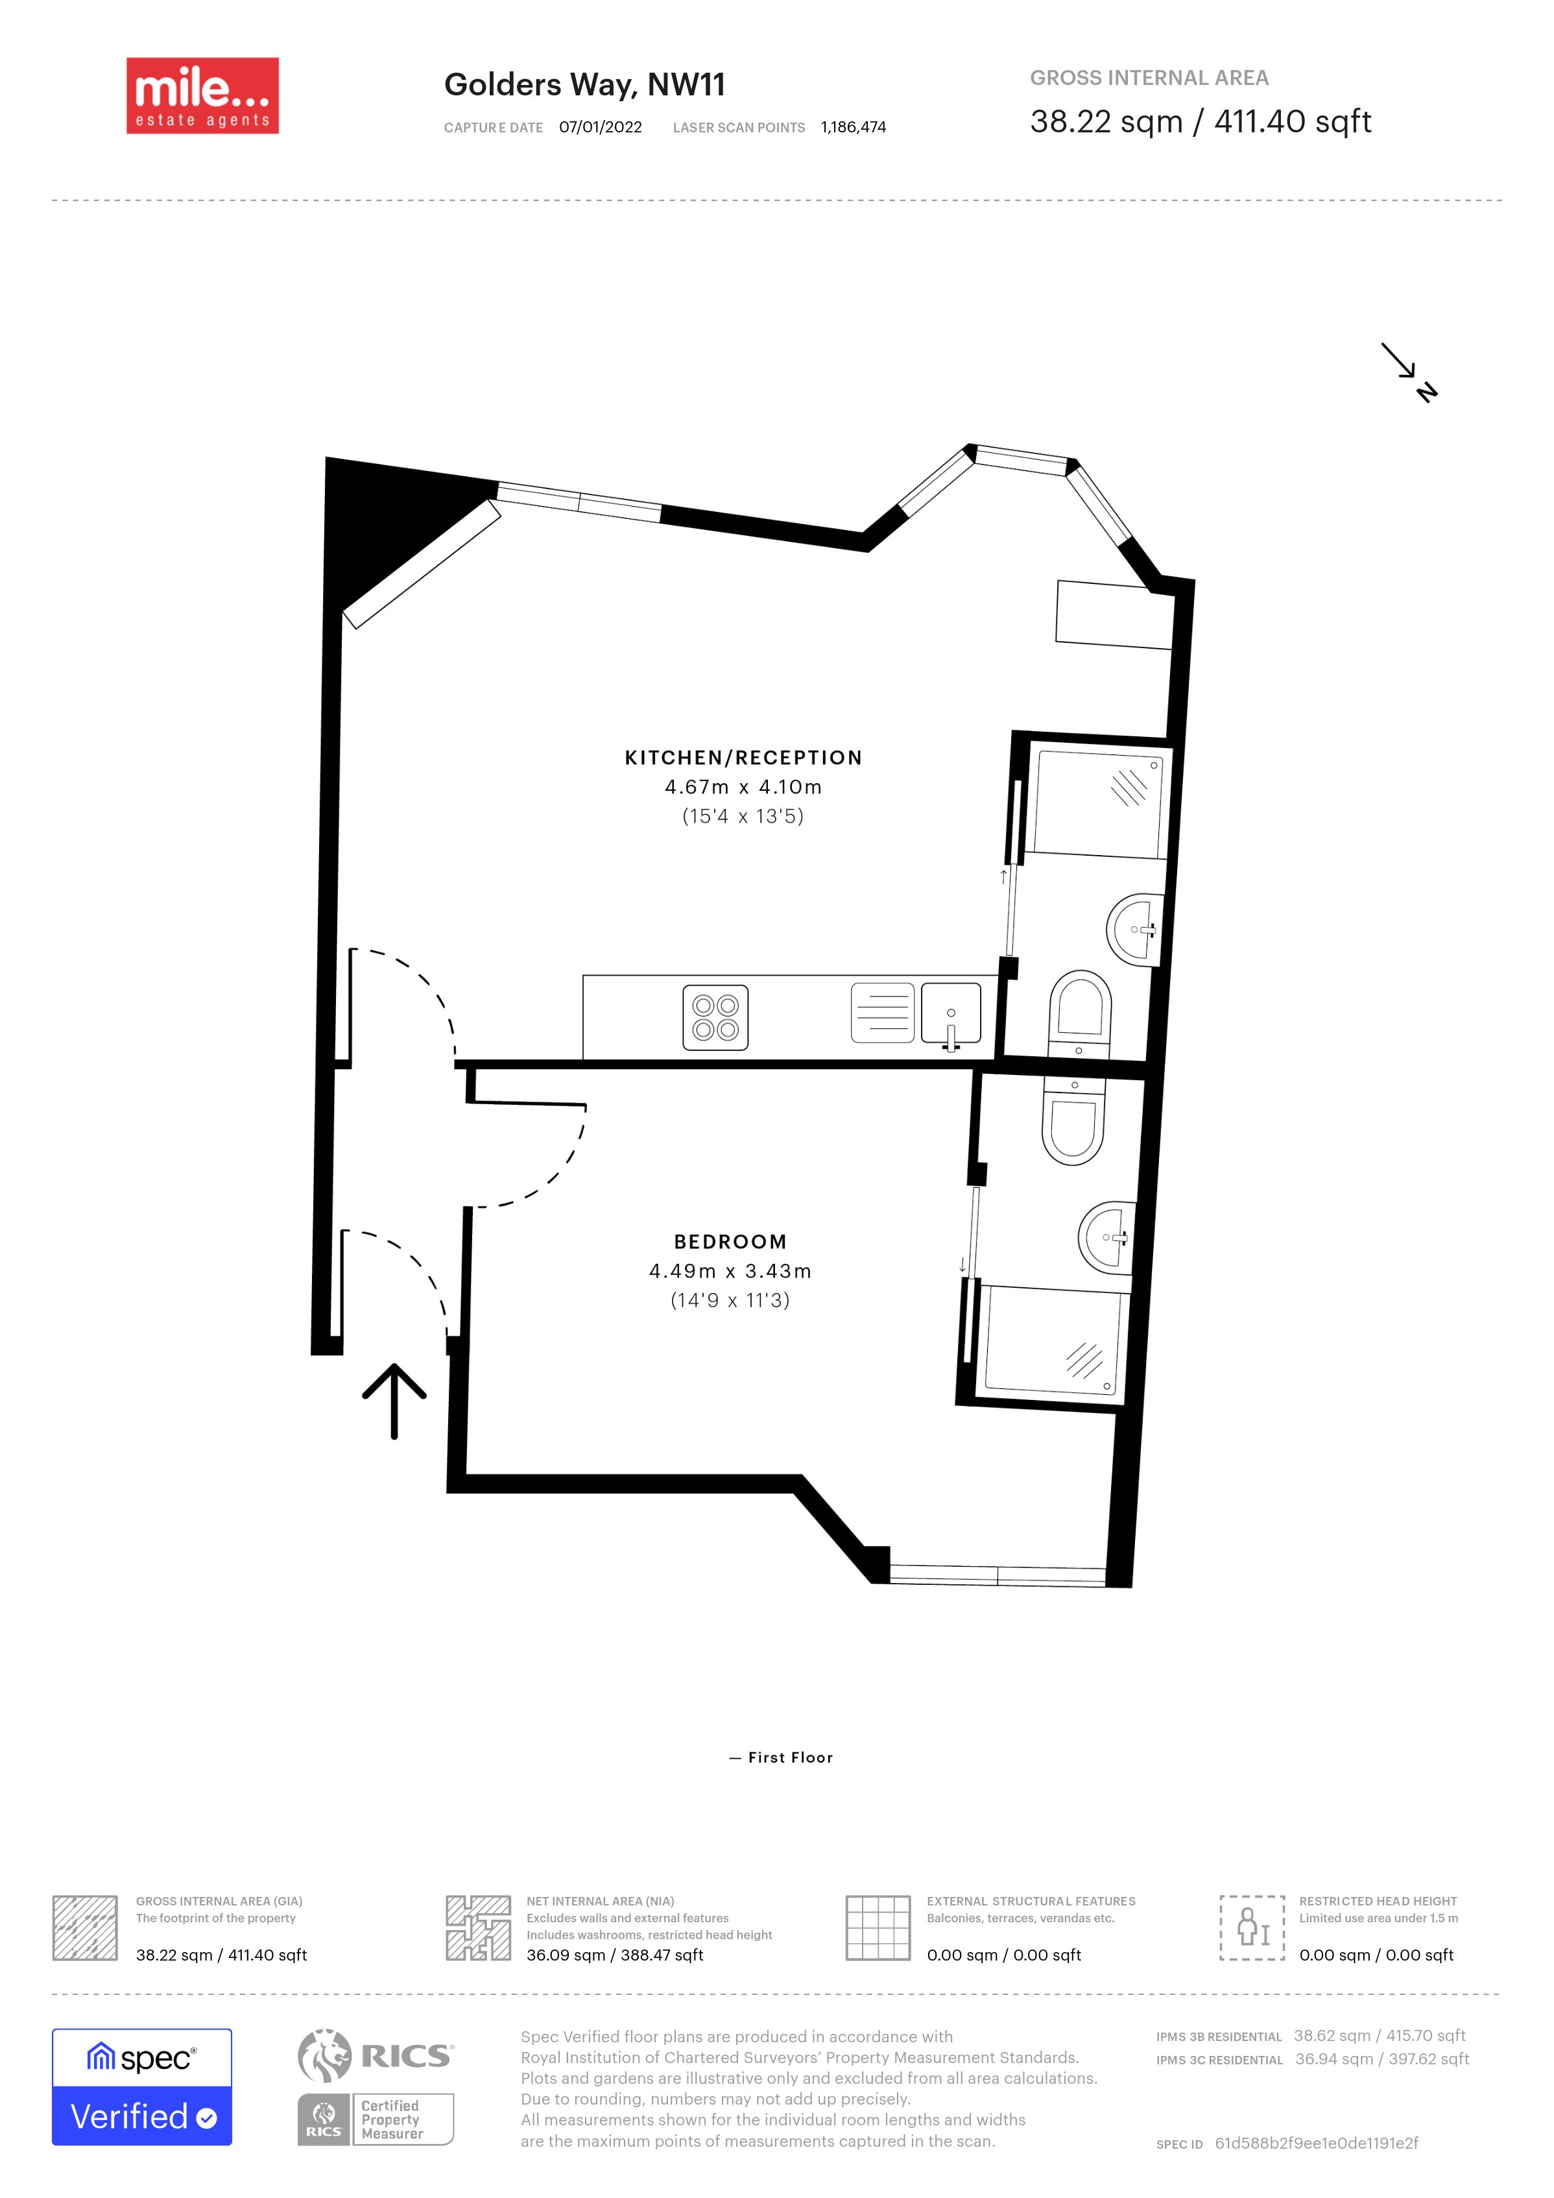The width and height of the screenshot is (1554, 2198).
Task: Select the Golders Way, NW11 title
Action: [x=584, y=85]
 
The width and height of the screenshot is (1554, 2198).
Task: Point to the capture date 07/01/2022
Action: [x=600, y=127]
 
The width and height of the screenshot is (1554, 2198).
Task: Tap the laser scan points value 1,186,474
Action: [x=854, y=127]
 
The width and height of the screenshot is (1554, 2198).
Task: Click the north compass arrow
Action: [x=1409, y=372]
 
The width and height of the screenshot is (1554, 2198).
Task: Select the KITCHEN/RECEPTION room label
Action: [x=743, y=757]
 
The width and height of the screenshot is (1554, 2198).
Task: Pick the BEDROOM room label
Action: [x=730, y=1242]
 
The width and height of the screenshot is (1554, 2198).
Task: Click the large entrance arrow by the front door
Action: [x=394, y=1401]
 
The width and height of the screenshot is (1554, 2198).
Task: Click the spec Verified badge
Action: [x=141, y=2087]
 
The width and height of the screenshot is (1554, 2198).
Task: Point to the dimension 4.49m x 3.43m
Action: [x=730, y=1272]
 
